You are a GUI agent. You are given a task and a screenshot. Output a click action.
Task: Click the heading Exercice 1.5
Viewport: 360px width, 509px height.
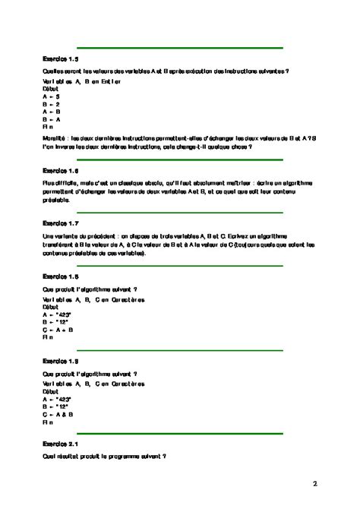(62, 58)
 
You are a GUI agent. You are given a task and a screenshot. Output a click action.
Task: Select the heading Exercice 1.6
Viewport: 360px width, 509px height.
(62, 171)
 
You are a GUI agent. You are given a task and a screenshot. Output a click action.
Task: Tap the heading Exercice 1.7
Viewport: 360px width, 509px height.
(62, 223)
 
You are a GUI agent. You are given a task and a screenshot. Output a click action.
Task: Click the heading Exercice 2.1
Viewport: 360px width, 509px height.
(62, 443)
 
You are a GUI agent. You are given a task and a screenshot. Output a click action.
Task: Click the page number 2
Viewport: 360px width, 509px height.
(314, 483)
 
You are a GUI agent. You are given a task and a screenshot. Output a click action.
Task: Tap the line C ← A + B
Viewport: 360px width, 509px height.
(58, 330)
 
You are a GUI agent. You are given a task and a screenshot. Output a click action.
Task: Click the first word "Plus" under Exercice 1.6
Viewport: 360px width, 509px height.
(50, 184)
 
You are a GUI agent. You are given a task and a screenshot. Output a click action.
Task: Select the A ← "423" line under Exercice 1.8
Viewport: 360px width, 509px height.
(58, 314)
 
